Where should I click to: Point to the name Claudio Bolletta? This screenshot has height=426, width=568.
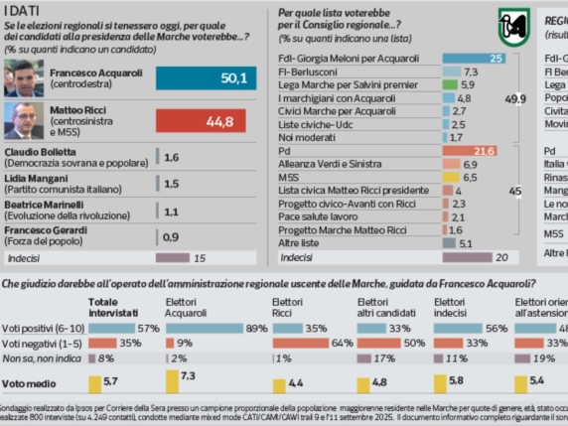[x=42, y=153]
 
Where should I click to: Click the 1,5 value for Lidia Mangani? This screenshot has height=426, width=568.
[x=171, y=184]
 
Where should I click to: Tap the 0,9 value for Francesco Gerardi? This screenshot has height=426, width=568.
[x=171, y=237]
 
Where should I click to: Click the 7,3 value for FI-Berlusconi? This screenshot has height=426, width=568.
[x=471, y=72]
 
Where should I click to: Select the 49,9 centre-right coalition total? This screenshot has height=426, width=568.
[x=516, y=100]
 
